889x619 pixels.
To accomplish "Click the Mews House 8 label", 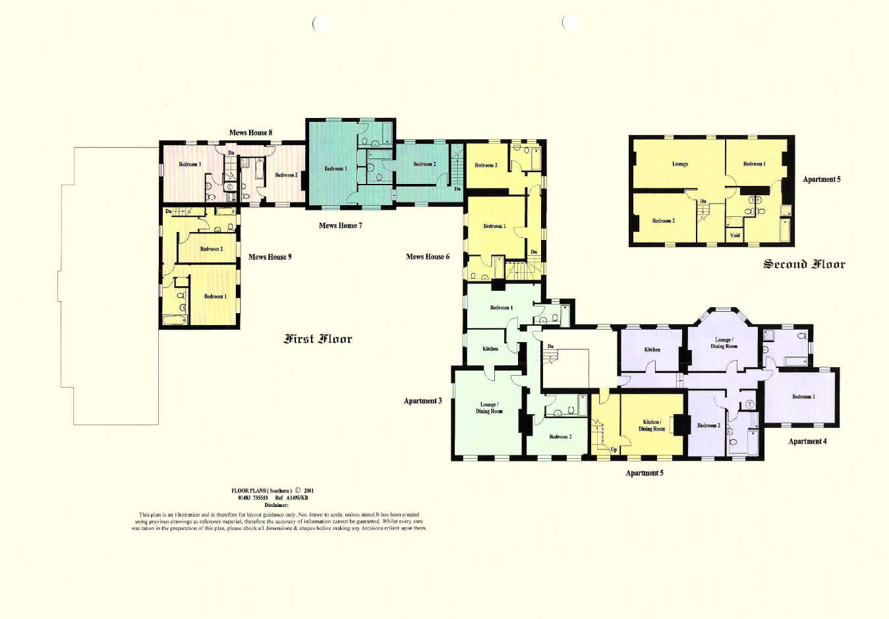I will click(x=250, y=133).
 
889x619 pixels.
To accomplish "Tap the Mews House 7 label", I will click(x=340, y=225).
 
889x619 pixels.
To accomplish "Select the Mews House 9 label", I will click(x=270, y=256).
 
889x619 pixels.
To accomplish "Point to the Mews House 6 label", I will click(x=428, y=256).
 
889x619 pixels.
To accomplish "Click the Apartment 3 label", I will click(x=422, y=401).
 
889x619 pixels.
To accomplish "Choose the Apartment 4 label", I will click(x=807, y=441).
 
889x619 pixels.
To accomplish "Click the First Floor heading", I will click(x=318, y=339).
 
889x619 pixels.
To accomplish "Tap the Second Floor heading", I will click(x=803, y=264).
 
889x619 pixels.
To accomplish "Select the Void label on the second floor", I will click(x=735, y=235).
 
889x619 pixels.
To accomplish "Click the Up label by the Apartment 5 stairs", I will click(x=614, y=450).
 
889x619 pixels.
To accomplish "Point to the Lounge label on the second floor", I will click(x=680, y=164).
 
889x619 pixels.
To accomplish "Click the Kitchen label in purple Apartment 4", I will click(x=652, y=349).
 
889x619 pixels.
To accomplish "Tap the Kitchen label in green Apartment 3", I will click(x=490, y=349).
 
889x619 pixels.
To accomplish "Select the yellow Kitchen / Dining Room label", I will click(x=652, y=425).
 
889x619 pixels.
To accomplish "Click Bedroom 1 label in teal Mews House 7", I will click(x=335, y=169).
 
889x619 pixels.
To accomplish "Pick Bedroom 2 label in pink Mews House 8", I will click(x=286, y=175).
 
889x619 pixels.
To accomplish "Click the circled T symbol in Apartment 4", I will click(x=749, y=403).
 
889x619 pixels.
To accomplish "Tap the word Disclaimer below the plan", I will click(x=277, y=505).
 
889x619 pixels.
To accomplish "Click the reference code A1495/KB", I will click(x=297, y=498).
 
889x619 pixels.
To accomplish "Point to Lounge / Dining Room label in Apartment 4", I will click(x=724, y=343).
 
